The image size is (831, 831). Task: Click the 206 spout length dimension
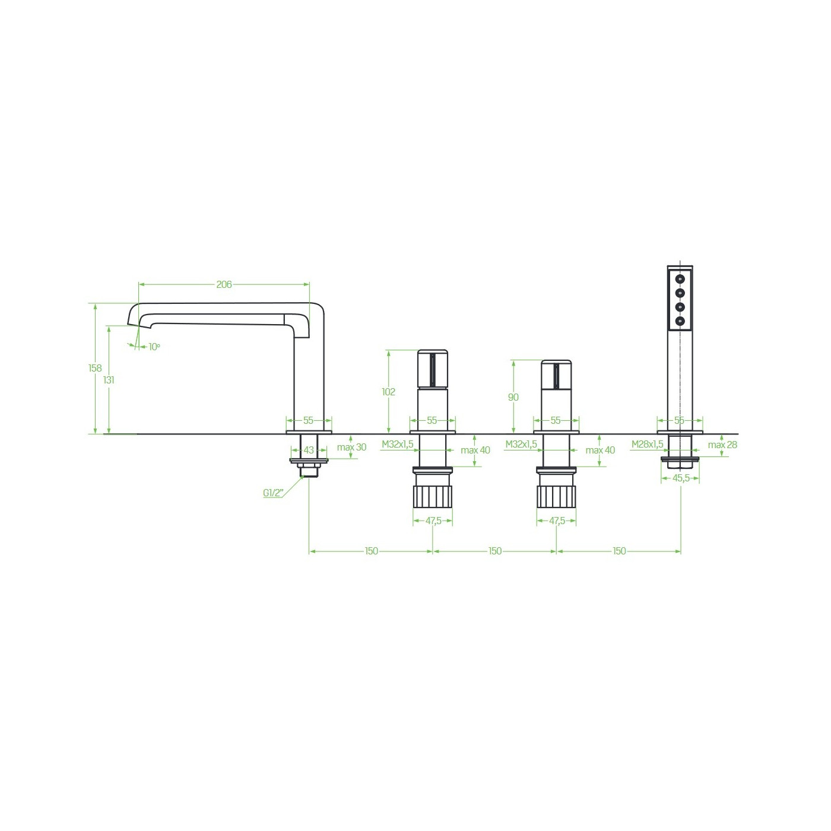[x=224, y=284]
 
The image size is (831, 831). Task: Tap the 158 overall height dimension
[x=95, y=368]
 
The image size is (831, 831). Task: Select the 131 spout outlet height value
[x=109, y=380]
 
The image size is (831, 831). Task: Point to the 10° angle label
[x=154, y=347]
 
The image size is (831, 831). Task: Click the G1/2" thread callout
[x=274, y=493]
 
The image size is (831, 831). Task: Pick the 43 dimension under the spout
[x=309, y=450]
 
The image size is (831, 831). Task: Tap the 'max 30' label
[x=351, y=447]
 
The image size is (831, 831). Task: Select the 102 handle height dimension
[x=389, y=392]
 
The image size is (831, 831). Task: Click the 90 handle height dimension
[x=513, y=397]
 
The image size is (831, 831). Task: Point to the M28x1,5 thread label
[x=648, y=444]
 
